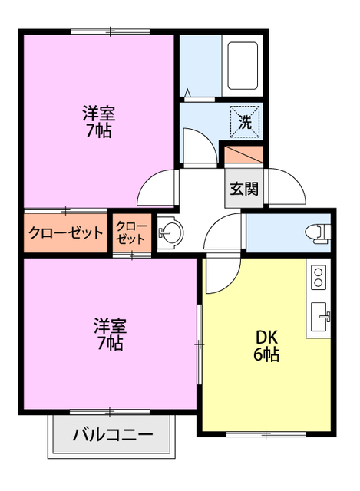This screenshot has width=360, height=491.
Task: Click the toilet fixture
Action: (x=318, y=231)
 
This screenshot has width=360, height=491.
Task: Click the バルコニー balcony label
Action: (x=112, y=436)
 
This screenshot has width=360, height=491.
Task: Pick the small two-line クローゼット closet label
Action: (x=131, y=232)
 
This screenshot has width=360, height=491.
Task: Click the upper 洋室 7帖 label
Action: (x=99, y=122)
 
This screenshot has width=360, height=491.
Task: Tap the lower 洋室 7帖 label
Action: (x=109, y=333)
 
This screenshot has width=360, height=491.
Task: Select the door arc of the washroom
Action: (x=195, y=144)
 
